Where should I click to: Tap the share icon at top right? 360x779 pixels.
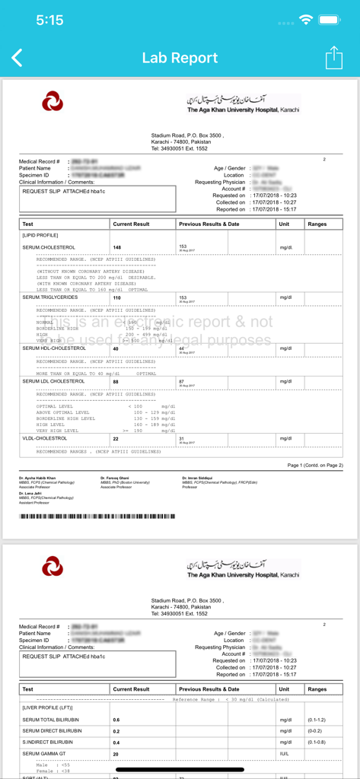334,58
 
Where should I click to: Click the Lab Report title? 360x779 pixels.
180,58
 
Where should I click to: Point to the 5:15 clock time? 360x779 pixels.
49,21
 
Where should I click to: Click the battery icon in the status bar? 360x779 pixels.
332,21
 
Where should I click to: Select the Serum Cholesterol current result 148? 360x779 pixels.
117,247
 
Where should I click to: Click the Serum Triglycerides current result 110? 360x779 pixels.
117,297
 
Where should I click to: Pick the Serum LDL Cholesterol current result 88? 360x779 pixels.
116,382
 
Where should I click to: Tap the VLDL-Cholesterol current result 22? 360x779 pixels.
116,439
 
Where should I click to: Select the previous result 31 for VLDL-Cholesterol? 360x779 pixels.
183,439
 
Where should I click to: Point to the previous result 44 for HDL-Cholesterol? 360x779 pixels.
183,348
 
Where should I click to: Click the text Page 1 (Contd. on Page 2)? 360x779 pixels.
315,465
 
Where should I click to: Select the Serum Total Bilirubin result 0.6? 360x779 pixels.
116,719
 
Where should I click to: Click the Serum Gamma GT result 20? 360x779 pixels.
116,754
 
